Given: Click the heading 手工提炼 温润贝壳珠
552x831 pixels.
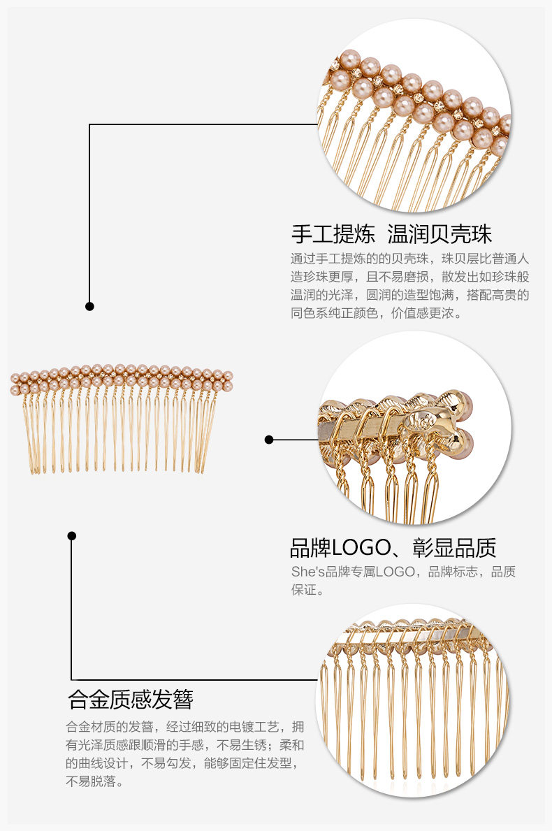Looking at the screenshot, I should point(391,233).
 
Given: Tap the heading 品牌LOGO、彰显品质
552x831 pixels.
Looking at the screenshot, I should point(393,547).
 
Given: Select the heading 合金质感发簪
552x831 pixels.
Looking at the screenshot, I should point(130,699).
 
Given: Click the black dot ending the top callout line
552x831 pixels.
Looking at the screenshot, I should point(89,306).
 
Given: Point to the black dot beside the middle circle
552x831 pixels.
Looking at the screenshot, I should point(269,440).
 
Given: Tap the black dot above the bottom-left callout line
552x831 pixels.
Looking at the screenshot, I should point(71,536).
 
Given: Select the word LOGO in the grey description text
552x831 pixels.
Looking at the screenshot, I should point(395,572).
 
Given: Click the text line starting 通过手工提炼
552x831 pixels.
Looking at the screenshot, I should point(410,257).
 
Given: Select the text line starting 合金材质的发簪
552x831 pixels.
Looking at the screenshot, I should point(185,725).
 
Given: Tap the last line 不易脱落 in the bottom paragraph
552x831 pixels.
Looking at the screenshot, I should point(95,782).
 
